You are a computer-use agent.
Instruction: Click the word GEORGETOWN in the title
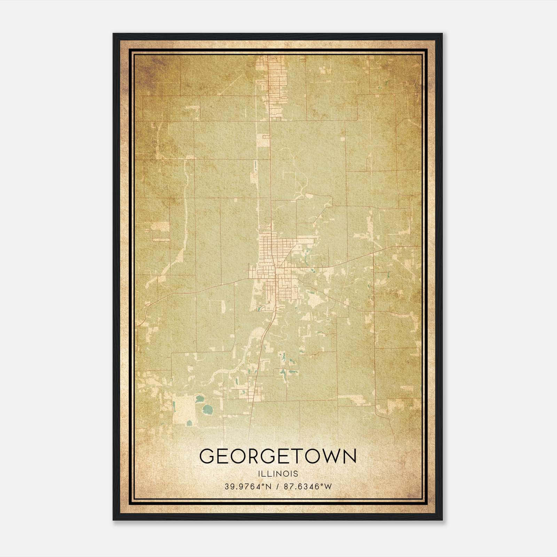(278, 456)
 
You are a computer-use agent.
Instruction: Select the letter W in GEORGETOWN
(333, 456)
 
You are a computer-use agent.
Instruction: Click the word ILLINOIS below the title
(278, 473)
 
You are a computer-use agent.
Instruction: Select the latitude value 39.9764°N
(247, 486)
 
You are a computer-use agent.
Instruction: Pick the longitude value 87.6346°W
(308, 486)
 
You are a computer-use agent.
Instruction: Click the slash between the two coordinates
(277, 486)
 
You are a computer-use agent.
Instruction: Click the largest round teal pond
(208, 408)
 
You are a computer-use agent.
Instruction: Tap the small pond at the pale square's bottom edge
(189, 423)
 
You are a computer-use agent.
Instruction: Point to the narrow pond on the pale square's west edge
(173, 405)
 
